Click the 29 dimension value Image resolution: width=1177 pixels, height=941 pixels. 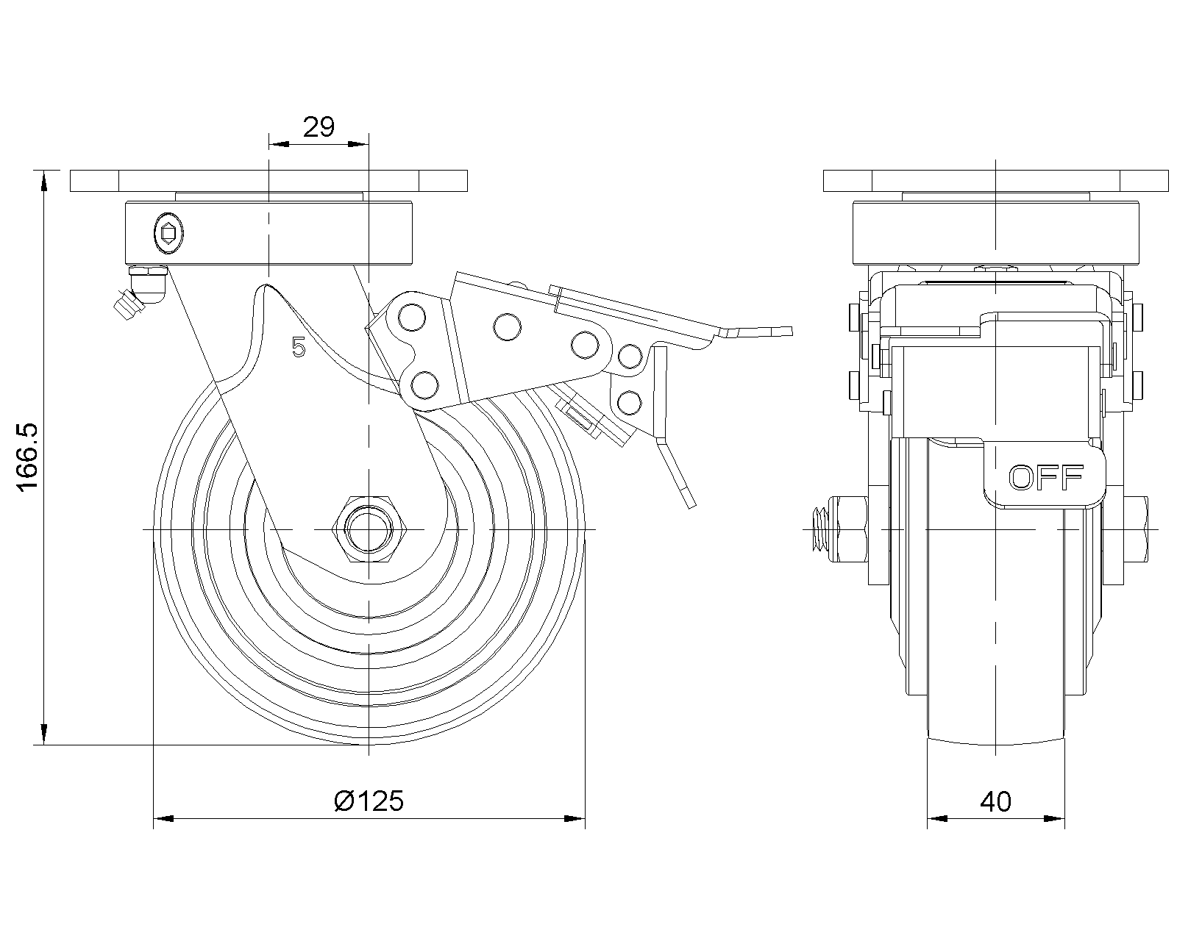coord(319,127)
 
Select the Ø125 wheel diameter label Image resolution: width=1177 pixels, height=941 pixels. coord(369,801)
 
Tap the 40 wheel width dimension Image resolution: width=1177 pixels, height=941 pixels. coord(995,801)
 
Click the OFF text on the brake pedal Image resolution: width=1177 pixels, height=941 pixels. coord(1045,478)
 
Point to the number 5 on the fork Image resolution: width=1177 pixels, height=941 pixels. coord(298,347)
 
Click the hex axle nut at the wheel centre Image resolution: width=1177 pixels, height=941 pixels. coord(367,529)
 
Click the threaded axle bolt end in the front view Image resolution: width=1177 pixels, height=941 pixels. coord(818,529)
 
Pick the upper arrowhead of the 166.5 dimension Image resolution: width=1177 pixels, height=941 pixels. coord(45,180)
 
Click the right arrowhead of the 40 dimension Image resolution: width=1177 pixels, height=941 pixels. coord(1056,817)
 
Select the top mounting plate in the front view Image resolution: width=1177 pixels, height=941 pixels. coord(995,180)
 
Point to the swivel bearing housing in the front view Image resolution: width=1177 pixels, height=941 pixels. coord(995,233)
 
